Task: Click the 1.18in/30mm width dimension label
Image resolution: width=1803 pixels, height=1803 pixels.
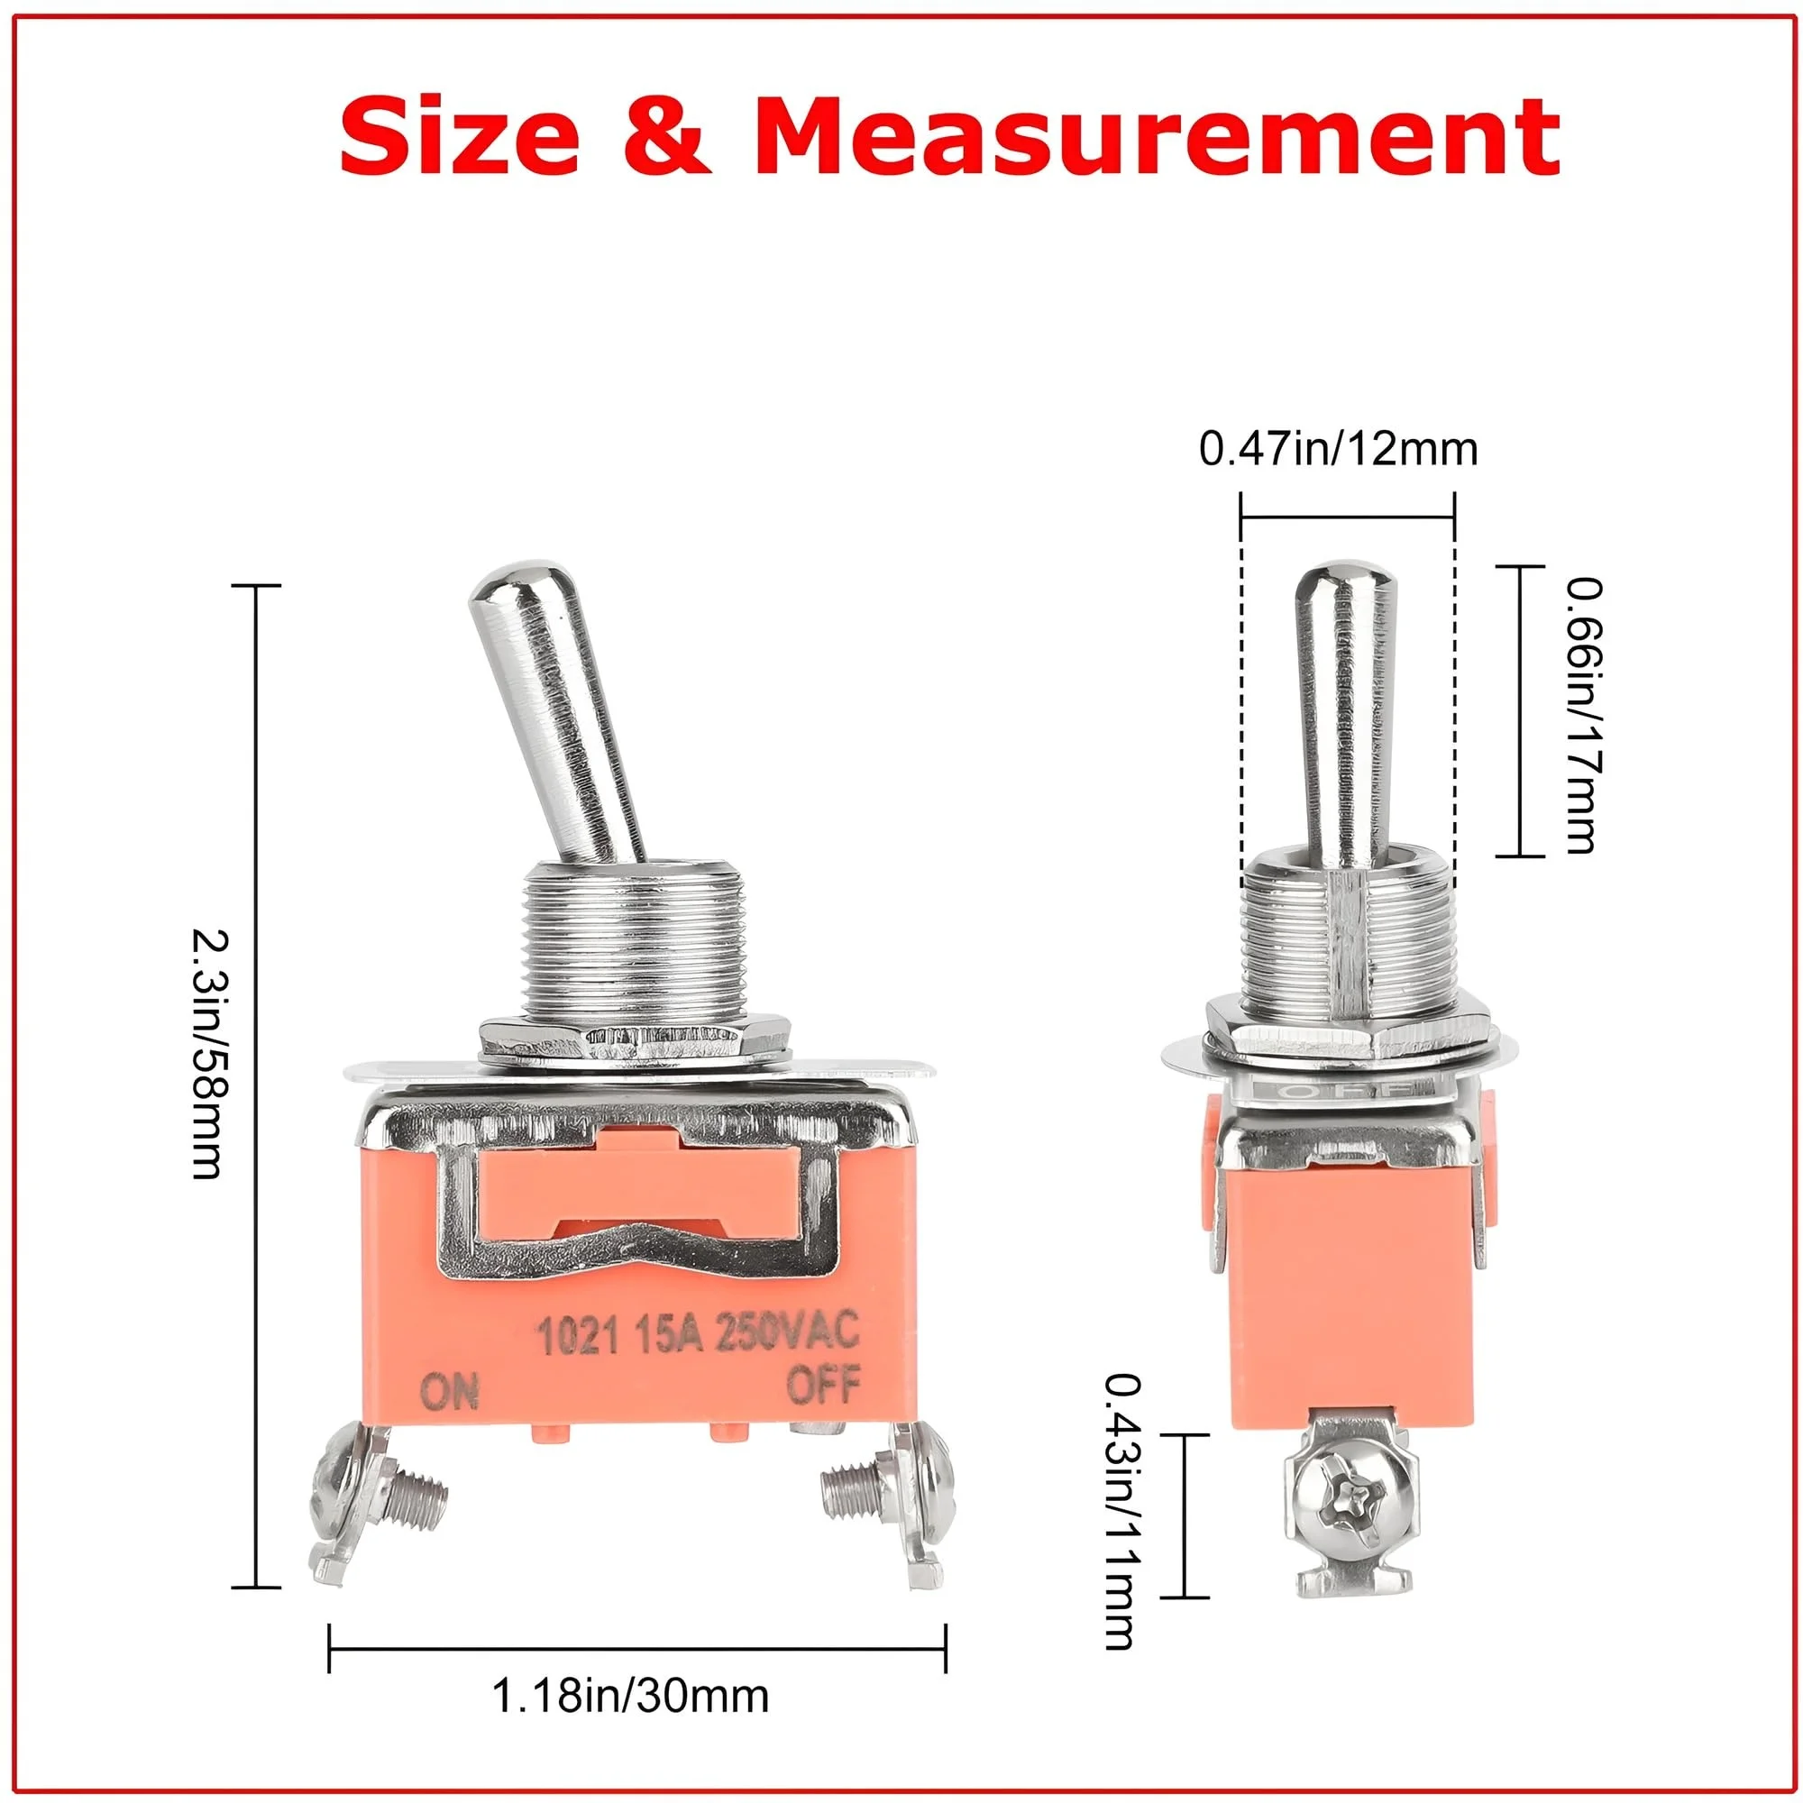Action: (x=630, y=1696)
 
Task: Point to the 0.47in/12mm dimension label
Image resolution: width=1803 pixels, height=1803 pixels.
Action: (x=1338, y=449)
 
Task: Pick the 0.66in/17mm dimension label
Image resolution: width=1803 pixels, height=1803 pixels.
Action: (x=1584, y=714)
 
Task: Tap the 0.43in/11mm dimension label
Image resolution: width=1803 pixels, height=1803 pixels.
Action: (x=1120, y=1511)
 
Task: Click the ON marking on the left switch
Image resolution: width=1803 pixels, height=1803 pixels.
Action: (x=450, y=1393)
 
